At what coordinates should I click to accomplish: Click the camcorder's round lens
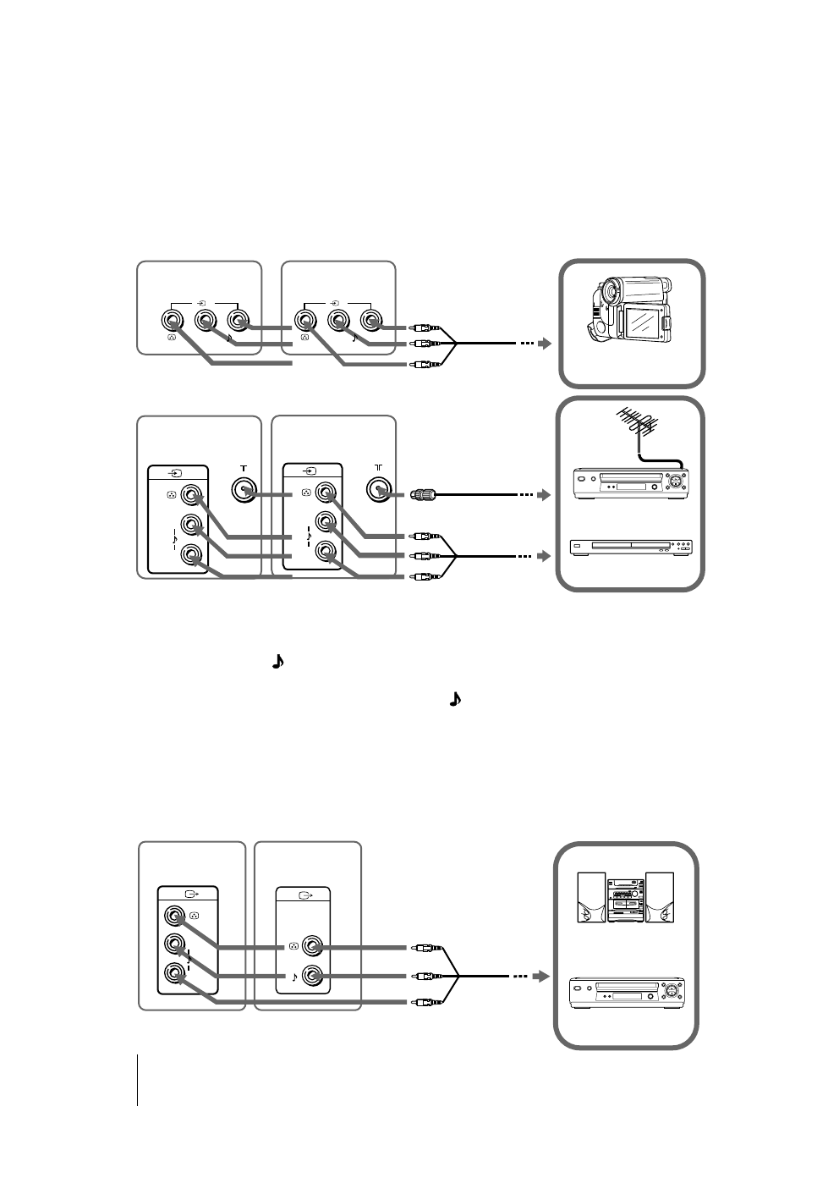pyautogui.click(x=606, y=294)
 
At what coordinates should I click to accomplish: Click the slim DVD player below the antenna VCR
pyautogui.click(x=630, y=548)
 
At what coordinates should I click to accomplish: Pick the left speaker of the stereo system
pyautogui.click(x=591, y=897)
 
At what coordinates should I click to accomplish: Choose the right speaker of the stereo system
pyautogui.click(x=660, y=897)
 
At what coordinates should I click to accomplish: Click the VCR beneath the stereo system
pyautogui.click(x=627, y=991)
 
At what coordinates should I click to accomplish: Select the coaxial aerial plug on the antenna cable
pyautogui.click(x=421, y=493)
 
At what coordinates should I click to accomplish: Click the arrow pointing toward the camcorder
pyautogui.click(x=545, y=344)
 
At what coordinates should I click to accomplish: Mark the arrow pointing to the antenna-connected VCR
pyautogui.click(x=545, y=493)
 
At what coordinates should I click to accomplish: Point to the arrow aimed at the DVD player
pyautogui.click(x=545, y=556)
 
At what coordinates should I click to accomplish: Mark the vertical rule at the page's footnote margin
pyautogui.click(x=137, y=1080)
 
